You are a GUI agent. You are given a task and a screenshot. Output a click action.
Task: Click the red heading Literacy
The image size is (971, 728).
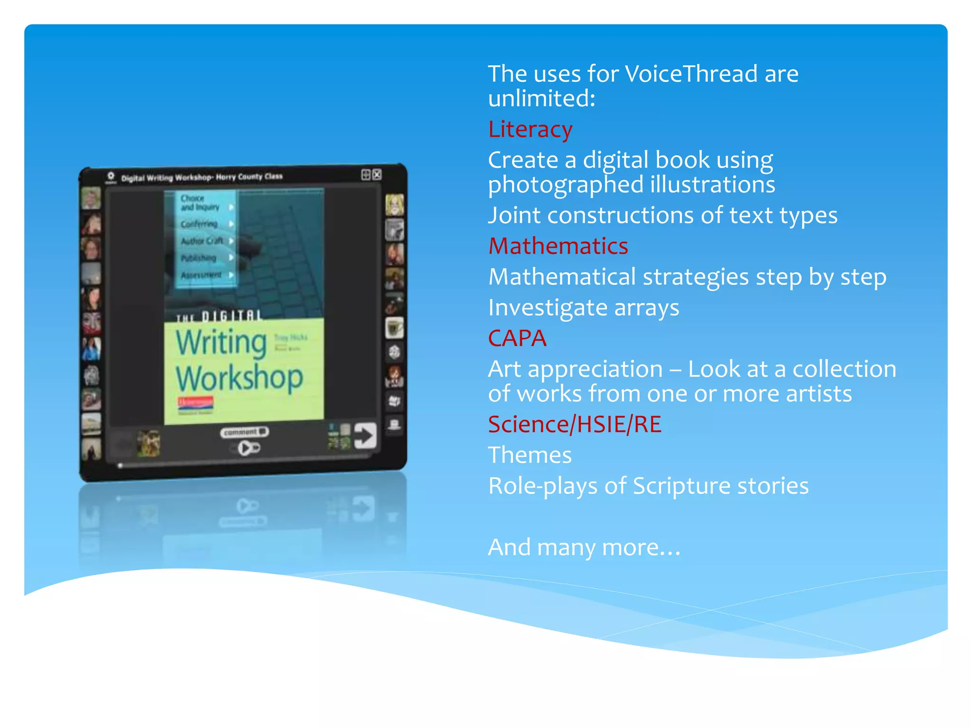click(x=530, y=129)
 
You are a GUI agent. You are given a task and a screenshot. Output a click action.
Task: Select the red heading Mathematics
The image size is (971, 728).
click(x=558, y=246)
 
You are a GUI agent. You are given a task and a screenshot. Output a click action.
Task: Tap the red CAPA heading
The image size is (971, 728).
click(x=517, y=338)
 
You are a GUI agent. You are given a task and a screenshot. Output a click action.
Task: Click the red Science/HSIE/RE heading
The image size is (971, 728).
click(x=575, y=424)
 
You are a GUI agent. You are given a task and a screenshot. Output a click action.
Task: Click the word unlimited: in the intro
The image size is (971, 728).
click(x=541, y=99)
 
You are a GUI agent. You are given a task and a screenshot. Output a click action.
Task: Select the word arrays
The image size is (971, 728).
click(x=647, y=308)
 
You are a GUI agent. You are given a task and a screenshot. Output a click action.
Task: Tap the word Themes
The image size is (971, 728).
click(x=530, y=455)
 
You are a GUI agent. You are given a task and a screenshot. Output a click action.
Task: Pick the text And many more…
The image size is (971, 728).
click(x=584, y=547)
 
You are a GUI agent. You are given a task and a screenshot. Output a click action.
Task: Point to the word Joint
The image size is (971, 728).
click(x=514, y=216)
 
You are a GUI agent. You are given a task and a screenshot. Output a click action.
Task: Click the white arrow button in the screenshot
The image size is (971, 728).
click(x=365, y=435)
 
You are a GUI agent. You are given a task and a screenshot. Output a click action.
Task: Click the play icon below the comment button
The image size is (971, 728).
click(x=247, y=448)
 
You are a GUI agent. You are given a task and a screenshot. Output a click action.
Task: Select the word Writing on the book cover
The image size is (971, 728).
click(x=221, y=342)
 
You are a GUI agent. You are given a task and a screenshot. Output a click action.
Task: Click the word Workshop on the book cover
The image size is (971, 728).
click(x=239, y=378)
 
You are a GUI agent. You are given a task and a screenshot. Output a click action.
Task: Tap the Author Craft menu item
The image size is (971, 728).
click(x=202, y=241)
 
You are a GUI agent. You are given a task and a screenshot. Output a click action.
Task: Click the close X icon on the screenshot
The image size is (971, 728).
click(x=377, y=175)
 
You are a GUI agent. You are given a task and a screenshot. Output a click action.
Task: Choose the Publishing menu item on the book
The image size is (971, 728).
click(x=199, y=258)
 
